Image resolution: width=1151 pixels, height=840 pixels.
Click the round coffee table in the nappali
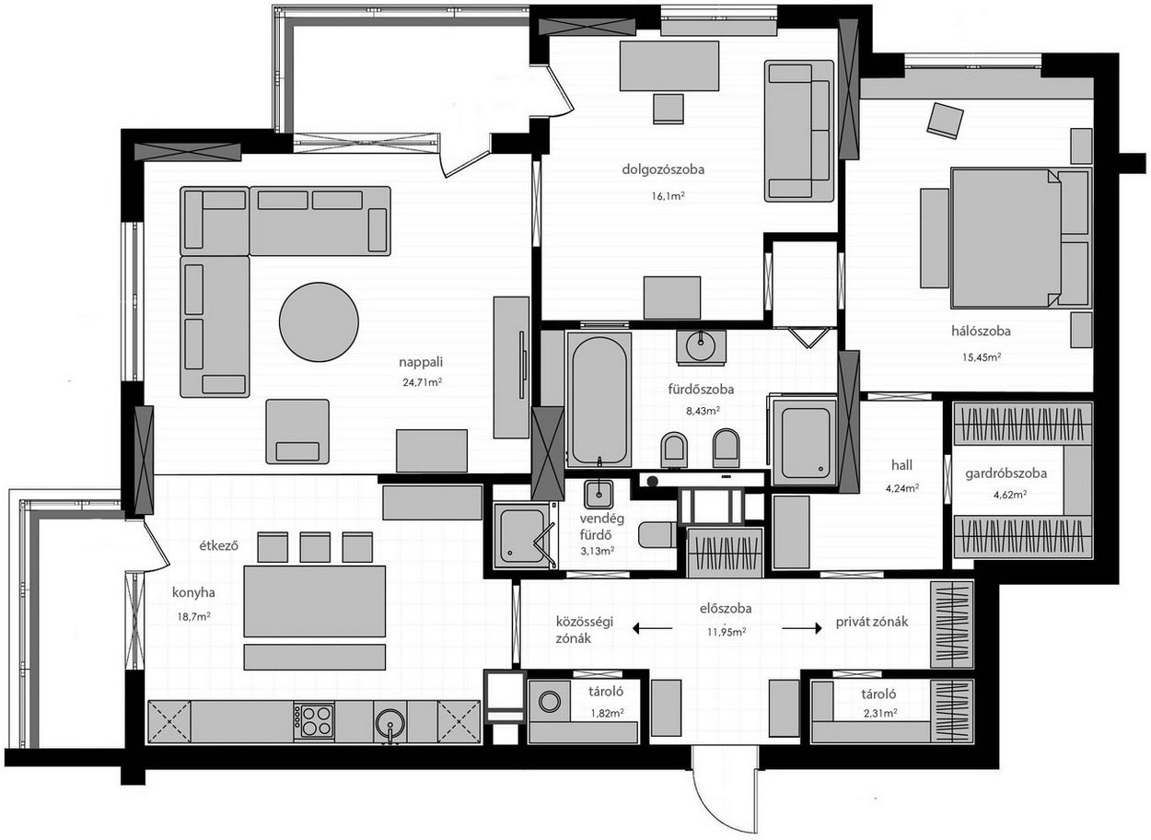[x=319, y=321]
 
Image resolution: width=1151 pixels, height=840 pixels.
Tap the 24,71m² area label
[x=423, y=382]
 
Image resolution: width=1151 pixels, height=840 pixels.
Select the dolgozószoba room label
[x=663, y=169]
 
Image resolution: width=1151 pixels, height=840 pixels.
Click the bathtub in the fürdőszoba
[x=599, y=400]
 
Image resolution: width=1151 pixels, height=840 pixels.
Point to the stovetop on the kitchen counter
[x=313, y=722]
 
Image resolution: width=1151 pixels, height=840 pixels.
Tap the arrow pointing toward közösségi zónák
[x=652, y=628]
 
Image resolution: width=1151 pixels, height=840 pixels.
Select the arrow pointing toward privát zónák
[x=802, y=628]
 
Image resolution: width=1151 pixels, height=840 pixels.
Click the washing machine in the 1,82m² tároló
[x=550, y=701]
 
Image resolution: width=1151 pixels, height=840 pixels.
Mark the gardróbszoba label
[x=1006, y=473]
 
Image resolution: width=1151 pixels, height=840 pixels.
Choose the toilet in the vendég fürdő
[x=657, y=535]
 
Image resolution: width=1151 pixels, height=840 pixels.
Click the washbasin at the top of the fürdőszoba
[x=702, y=348]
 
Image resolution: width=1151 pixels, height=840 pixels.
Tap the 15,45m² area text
[x=982, y=356]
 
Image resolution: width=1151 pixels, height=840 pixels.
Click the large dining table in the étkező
[x=315, y=601]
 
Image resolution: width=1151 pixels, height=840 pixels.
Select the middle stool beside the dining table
[x=315, y=547]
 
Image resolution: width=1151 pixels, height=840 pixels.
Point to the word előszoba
[x=726, y=609]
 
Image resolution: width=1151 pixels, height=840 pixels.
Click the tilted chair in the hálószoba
[x=945, y=121]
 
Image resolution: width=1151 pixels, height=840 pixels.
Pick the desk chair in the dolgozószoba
[x=668, y=109]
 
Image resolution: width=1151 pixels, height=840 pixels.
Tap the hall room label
[x=901, y=465]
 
